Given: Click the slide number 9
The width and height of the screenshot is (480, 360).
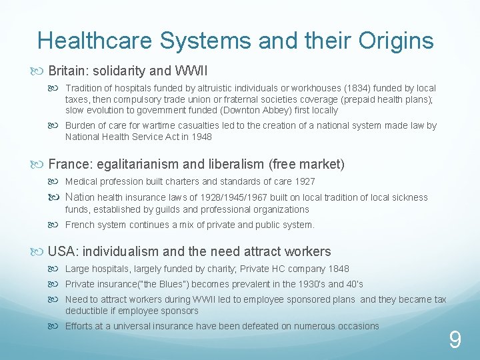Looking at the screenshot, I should click(455, 341).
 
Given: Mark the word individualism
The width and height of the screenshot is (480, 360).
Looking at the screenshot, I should click(121, 252).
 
